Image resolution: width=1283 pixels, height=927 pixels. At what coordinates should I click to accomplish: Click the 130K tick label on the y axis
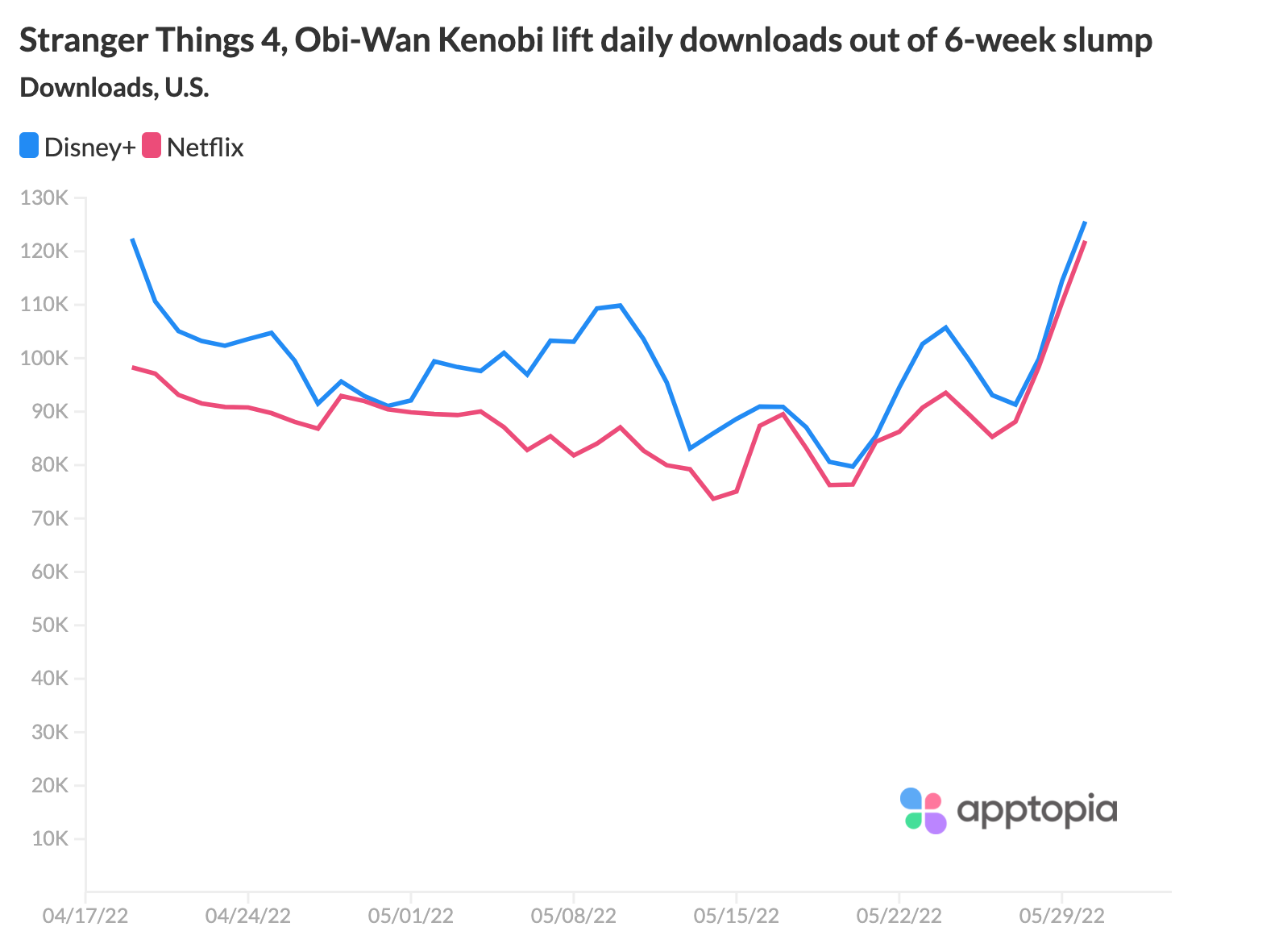pos(46,197)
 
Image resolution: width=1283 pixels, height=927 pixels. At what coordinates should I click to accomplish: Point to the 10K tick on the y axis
pos(50,838)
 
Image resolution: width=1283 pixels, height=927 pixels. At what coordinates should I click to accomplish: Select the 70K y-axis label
pos(50,518)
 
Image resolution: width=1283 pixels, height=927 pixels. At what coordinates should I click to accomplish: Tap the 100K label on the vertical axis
pos(46,358)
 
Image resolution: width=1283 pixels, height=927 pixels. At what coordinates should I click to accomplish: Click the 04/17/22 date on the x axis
pos(85,916)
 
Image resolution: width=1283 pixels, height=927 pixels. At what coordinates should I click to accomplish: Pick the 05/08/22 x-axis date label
pos(573,916)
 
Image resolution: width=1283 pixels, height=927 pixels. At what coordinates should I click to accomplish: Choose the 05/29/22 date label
pos(1061,916)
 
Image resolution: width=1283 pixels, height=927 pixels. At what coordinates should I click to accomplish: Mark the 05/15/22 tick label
pos(736,916)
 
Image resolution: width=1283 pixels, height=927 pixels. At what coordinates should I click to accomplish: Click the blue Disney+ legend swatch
pos(29,146)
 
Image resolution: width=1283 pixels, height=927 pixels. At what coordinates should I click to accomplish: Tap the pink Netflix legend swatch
pos(152,146)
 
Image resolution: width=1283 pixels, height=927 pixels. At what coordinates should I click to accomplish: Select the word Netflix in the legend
pos(205,148)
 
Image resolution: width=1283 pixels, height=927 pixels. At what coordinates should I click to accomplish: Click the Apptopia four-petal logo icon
pos(923,810)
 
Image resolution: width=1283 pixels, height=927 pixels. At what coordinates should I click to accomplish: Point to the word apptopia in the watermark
pos(1036,810)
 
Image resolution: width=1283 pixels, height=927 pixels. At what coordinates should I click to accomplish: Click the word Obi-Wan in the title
pos(363,40)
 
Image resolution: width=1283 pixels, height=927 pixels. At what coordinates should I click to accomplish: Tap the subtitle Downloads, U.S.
pos(114,87)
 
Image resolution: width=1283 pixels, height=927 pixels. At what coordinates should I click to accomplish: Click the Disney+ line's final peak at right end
pos(1085,222)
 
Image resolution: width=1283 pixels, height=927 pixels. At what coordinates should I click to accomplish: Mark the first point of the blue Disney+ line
pos(132,239)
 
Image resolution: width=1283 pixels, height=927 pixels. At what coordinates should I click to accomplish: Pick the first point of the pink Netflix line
pos(132,367)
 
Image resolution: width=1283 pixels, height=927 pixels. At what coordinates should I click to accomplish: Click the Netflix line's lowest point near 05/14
pos(713,499)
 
